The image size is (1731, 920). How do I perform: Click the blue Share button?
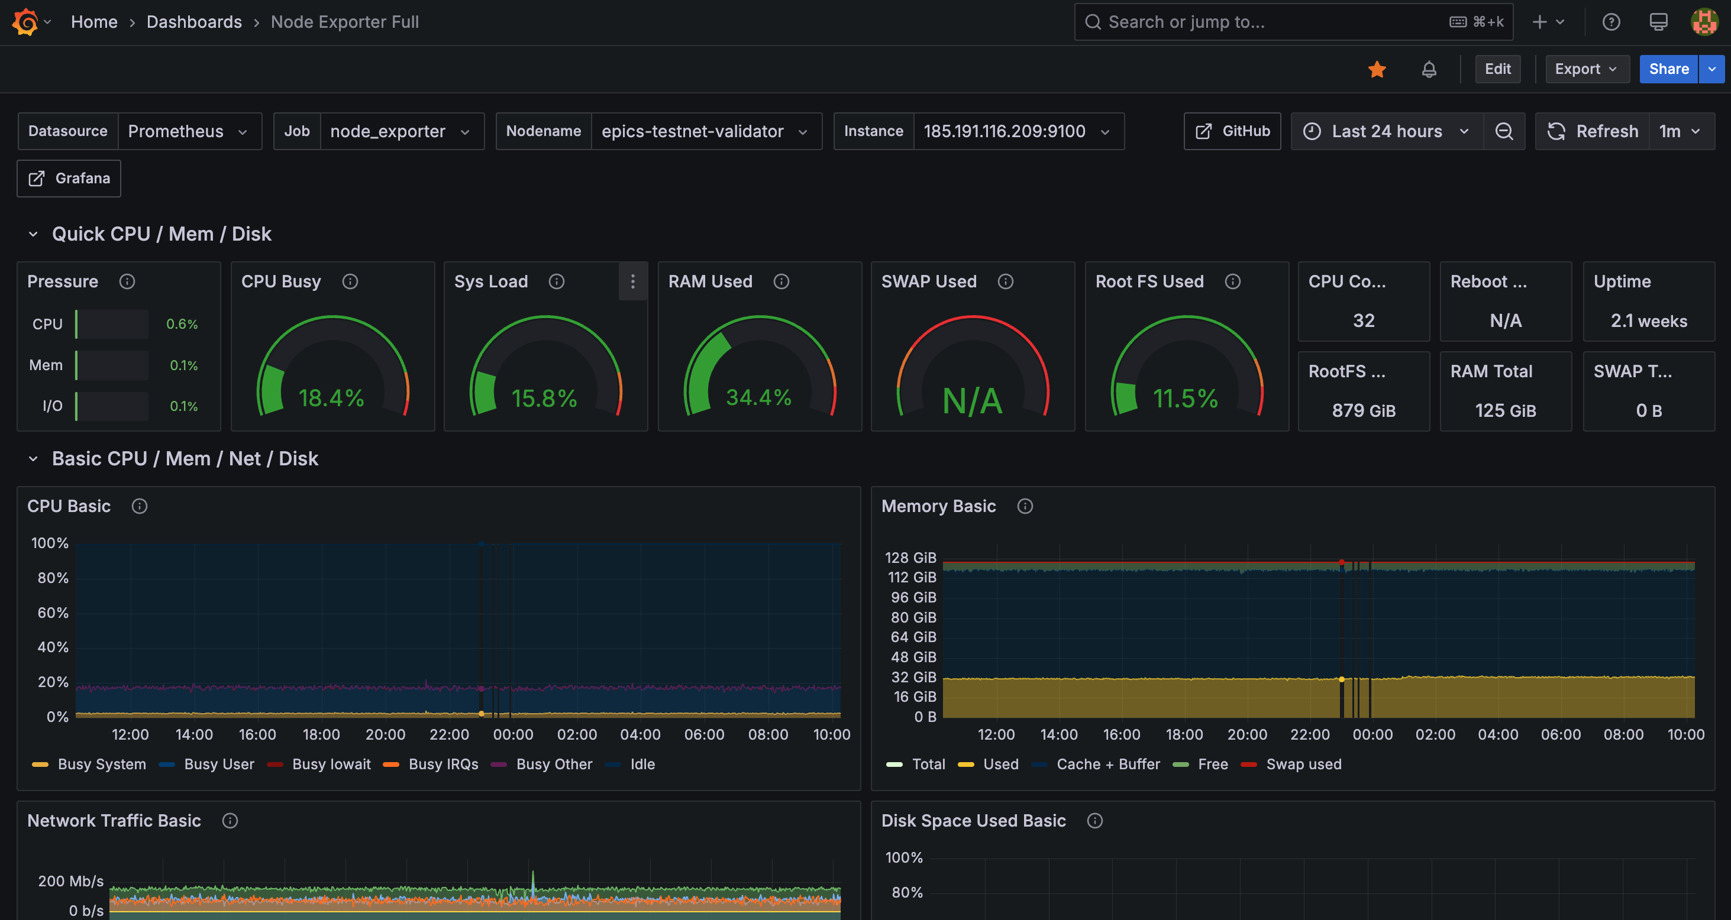pyautogui.click(x=1668, y=69)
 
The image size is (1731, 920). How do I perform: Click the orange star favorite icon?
pyautogui.click(x=1377, y=69)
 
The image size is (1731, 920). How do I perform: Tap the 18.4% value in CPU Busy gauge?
pyautogui.click(x=331, y=399)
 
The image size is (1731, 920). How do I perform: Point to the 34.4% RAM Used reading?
pyautogui.click(x=758, y=397)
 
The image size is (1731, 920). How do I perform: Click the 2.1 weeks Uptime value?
pyautogui.click(x=1648, y=321)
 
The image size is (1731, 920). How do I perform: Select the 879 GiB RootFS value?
pyautogui.click(x=1364, y=410)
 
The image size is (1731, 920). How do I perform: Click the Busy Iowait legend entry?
pyautogui.click(x=331, y=764)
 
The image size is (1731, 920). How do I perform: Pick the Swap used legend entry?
pyautogui.click(x=1303, y=764)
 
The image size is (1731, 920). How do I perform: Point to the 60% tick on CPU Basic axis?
pyautogui.click(x=53, y=613)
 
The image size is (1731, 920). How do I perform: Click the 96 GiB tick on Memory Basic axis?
pyautogui.click(x=913, y=597)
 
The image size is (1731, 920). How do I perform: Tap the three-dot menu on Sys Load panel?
pyautogui.click(x=632, y=281)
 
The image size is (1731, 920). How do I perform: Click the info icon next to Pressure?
pyautogui.click(x=127, y=281)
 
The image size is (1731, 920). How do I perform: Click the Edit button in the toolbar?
pyautogui.click(x=1497, y=69)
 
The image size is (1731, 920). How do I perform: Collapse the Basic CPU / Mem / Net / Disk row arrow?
pyautogui.click(x=33, y=459)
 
